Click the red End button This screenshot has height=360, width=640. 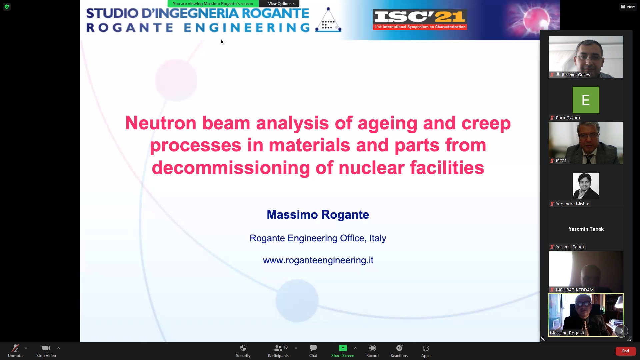(x=625, y=351)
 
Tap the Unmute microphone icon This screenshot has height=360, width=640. (x=15, y=348)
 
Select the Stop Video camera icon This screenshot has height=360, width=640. (x=46, y=348)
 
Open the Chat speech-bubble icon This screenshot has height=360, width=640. (x=313, y=348)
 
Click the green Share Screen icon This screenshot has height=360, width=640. (x=343, y=348)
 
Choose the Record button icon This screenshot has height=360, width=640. (x=373, y=348)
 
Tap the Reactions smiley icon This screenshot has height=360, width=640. (x=399, y=348)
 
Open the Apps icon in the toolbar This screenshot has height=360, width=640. (x=426, y=348)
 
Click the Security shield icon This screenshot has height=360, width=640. (x=243, y=348)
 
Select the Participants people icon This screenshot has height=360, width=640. (x=278, y=348)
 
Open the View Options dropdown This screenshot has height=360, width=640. (x=282, y=4)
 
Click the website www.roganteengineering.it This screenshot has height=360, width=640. (x=318, y=260)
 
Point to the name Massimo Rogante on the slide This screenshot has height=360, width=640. (x=318, y=214)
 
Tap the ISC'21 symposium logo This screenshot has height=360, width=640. (x=420, y=20)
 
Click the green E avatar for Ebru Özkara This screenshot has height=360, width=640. (x=586, y=100)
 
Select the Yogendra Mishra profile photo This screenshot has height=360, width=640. (x=586, y=186)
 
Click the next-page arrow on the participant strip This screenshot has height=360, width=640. (x=621, y=331)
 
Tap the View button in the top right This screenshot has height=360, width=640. (x=628, y=7)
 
